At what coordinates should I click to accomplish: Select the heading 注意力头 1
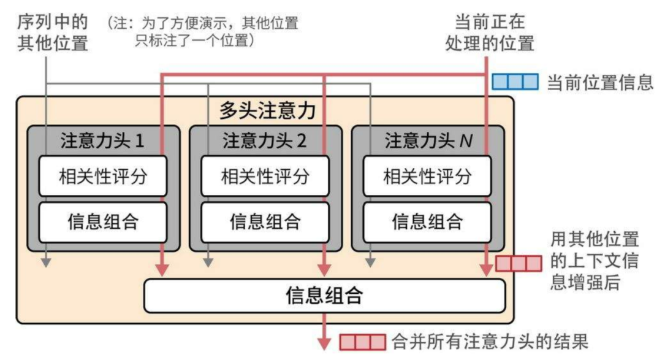(102, 141)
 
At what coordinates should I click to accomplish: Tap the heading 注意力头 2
(265, 141)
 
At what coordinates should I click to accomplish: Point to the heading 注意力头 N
(428, 141)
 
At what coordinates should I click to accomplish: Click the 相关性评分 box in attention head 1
(103, 177)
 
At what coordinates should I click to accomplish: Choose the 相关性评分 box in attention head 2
(265, 177)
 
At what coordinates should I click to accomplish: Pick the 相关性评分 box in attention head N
(427, 177)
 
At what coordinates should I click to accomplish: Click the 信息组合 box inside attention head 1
(103, 221)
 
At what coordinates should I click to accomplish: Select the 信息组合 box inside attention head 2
(265, 221)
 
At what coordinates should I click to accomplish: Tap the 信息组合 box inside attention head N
(427, 221)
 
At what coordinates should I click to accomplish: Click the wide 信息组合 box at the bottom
(324, 296)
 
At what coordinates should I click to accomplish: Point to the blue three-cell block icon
(515, 82)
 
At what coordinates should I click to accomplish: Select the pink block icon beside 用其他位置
(519, 264)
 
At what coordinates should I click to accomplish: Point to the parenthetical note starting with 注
(203, 33)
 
